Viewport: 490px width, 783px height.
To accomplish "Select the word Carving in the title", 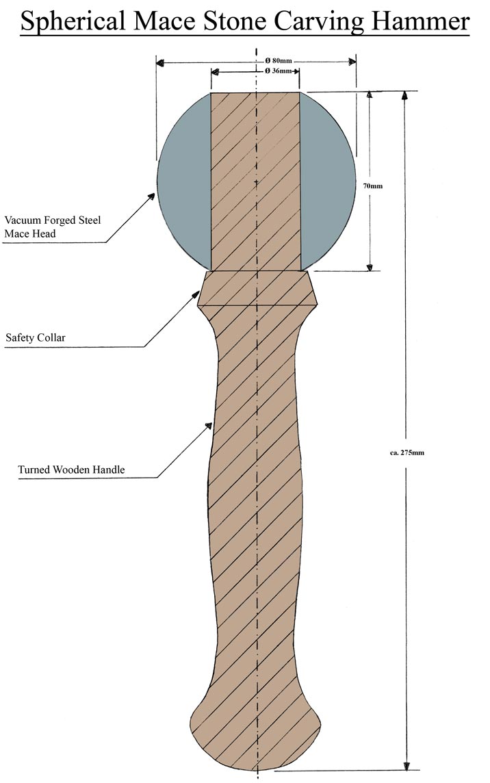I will coord(320,22).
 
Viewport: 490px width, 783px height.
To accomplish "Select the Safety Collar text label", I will coord(35,337).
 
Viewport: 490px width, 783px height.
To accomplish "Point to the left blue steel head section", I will coord(183,181).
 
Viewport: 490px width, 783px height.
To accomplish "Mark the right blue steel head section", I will coord(327,181).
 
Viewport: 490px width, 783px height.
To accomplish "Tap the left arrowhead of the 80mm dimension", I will coord(160,63).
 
